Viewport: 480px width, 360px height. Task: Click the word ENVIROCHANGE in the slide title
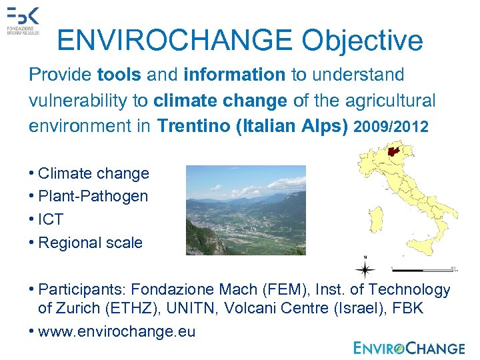tap(175, 41)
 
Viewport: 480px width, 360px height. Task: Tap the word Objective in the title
tap(362, 41)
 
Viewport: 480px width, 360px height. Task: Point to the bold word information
tap(234, 75)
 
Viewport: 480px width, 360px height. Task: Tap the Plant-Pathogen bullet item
tap(93, 196)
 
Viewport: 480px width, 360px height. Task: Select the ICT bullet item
tap(51, 219)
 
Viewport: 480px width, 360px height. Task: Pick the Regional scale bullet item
tap(90, 243)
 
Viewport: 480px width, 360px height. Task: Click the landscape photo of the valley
tap(245, 210)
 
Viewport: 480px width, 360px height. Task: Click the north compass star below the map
tap(365, 269)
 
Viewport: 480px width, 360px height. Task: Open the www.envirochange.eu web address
tap(117, 331)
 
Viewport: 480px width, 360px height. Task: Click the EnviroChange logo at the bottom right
tap(409, 347)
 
